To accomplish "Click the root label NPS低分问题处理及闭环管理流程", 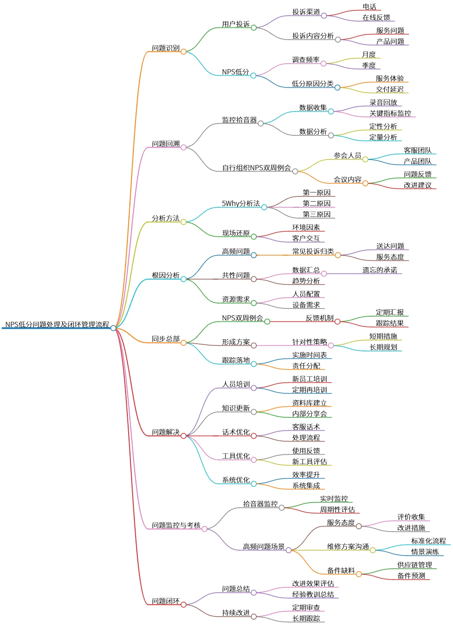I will pyautogui.click(x=57, y=324).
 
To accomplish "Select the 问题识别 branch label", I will pyautogui.click(x=166, y=48).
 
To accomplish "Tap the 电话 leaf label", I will pyautogui.click(x=369, y=7).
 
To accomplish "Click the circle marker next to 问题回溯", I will pyautogui.click(x=184, y=148).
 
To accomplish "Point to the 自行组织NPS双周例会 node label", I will pyautogui.click(x=256, y=168).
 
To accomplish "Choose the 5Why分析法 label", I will pyautogui.click(x=241, y=203).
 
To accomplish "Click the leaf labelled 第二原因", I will pyautogui.click(x=317, y=203).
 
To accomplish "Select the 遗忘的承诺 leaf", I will pyautogui.click(x=380, y=270).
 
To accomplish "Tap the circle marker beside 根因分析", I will pyautogui.click(x=184, y=279).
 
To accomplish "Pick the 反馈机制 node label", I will pyautogui.click(x=320, y=318).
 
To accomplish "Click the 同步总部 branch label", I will pyautogui.click(x=166, y=339).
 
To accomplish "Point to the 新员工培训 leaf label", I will pyautogui.click(x=310, y=379).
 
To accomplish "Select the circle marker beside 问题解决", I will pyautogui.click(x=184, y=436).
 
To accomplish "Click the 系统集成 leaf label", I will pyautogui.click(x=306, y=486).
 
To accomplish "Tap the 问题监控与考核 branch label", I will pyautogui.click(x=176, y=525).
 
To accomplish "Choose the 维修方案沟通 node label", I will pyautogui.click(x=348, y=547).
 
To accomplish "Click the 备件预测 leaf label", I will pyautogui.click(x=411, y=576).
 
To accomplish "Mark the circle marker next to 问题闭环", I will pyautogui.click(x=184, y=605).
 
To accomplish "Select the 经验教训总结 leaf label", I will pyautogui.click(x=313, y=594).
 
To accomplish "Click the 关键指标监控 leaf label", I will pyautogui.click(x=390, y=113).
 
